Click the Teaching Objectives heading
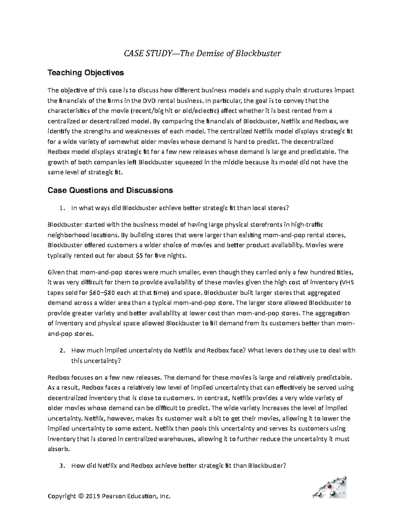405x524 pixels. (86, 73)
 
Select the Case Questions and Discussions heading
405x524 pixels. (110, 190)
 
